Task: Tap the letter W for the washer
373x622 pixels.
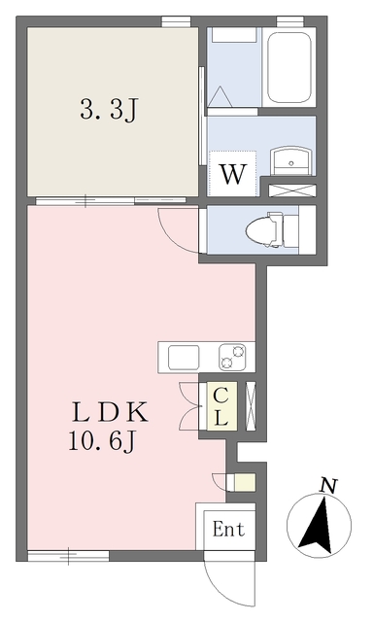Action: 230,175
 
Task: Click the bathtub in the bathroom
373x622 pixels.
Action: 288,68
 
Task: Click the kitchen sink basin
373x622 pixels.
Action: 185,357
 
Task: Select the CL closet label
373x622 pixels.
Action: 220,405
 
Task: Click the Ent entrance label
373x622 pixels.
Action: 228,530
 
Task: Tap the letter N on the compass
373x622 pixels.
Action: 328,484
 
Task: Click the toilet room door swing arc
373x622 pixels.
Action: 177,231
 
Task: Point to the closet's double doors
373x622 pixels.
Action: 186,403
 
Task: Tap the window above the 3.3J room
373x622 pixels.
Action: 175,20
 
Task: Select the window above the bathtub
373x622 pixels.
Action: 288,20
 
